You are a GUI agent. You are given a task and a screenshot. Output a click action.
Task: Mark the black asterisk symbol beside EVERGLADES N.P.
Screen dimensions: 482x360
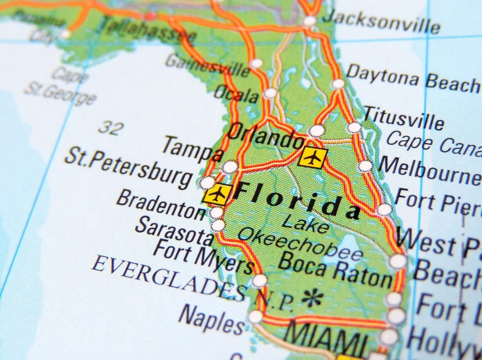pyautogui.click(x=312, y=297)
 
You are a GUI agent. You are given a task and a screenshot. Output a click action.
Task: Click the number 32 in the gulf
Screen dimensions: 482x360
pyautogui.click(x=110, y=127)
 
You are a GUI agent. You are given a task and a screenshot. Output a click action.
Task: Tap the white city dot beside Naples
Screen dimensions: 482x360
pyautogui.click(x=255, y=316)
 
